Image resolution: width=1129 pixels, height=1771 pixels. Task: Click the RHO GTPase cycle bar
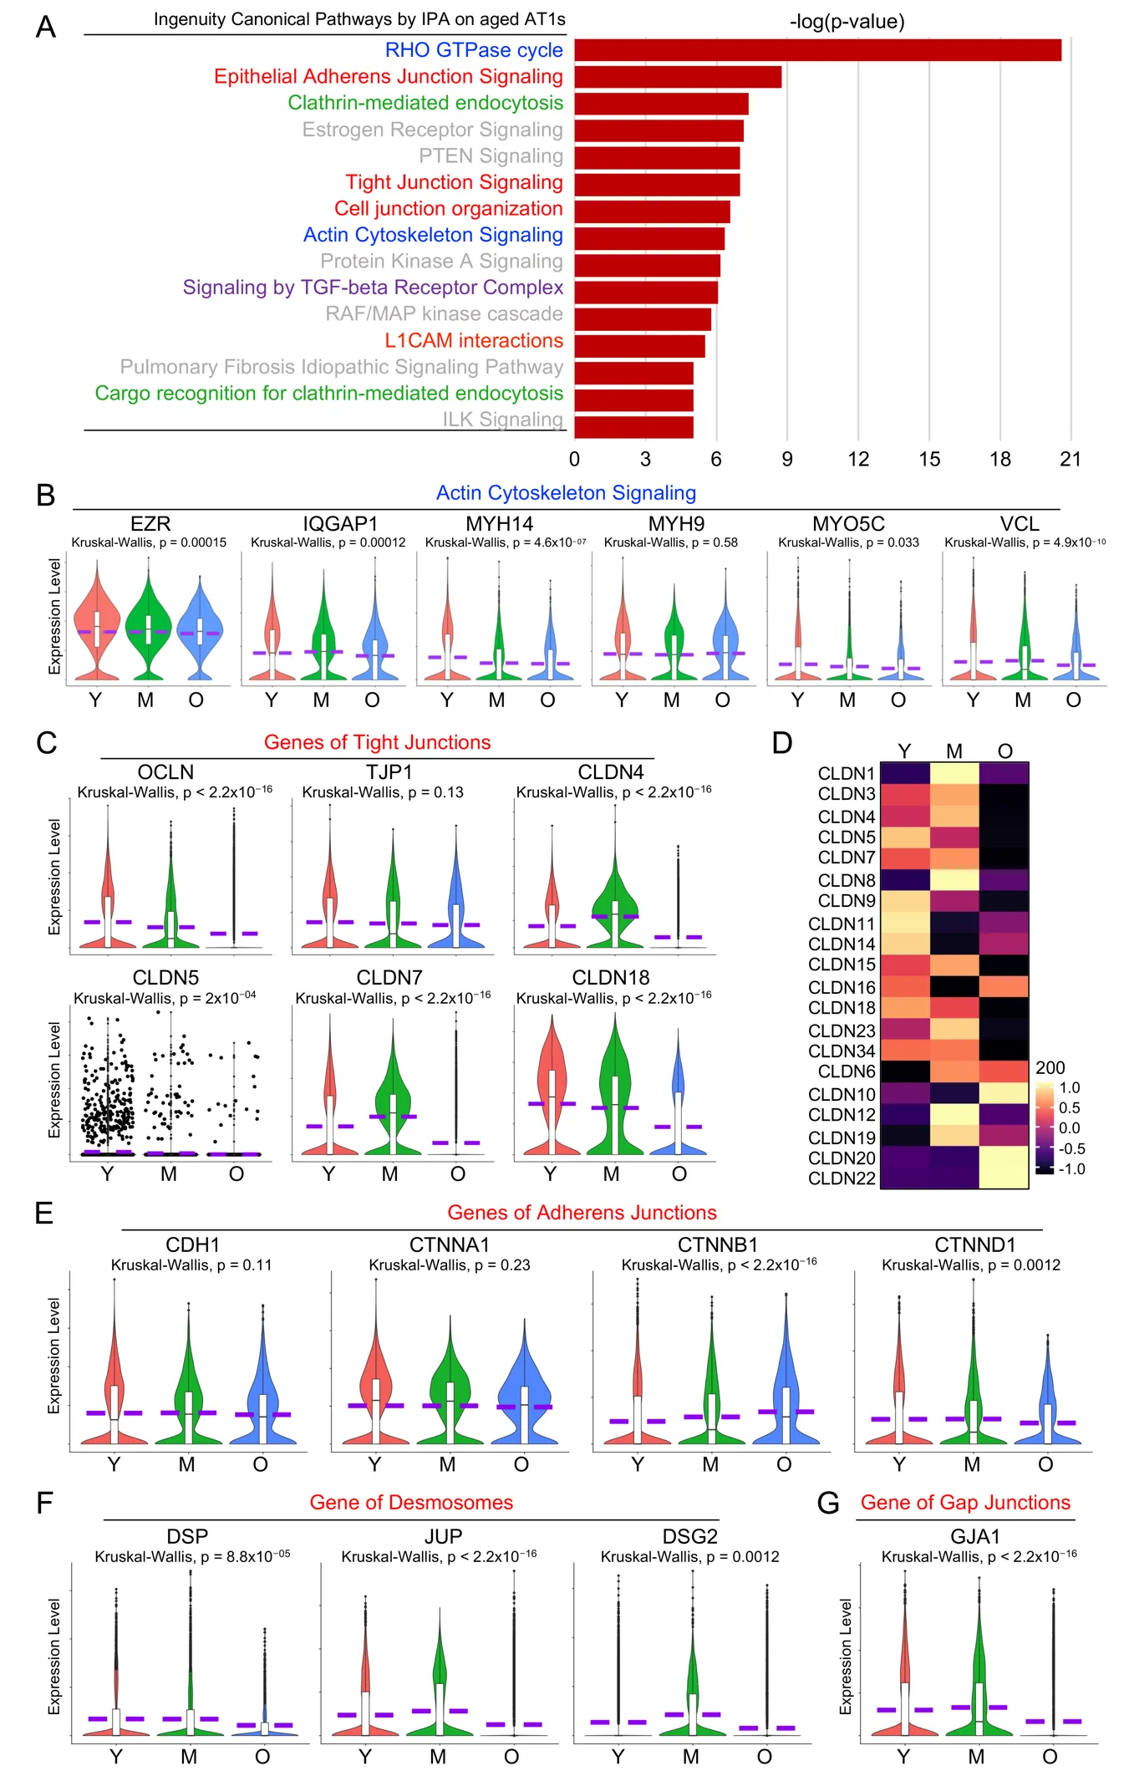point(817,50)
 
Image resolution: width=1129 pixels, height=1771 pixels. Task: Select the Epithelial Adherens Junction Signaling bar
point(678,77)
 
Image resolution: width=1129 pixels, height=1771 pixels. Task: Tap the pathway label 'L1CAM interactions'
point(473,341)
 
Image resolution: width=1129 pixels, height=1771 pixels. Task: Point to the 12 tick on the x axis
point(858,459)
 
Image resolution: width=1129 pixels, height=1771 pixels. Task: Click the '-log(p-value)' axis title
point(847,22)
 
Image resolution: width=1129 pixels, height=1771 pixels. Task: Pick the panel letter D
point(781,743)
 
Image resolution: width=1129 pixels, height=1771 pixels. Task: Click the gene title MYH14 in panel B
point(499,524)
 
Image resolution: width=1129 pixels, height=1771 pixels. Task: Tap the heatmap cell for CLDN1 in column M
point(954,773)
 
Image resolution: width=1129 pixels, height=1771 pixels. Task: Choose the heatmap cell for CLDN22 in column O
point(1004,1178)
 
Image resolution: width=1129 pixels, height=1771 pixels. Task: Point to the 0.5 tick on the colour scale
point(1070,1107)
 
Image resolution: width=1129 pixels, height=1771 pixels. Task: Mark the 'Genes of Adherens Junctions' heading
point(582,1213)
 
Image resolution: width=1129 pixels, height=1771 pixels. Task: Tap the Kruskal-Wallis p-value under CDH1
point(191,1265)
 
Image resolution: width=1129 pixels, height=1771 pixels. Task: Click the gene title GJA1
point(975,1536)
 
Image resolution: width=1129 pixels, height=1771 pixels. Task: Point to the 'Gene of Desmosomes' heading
point(411,1503)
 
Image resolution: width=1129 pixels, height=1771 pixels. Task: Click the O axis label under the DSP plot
point(262,1756)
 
